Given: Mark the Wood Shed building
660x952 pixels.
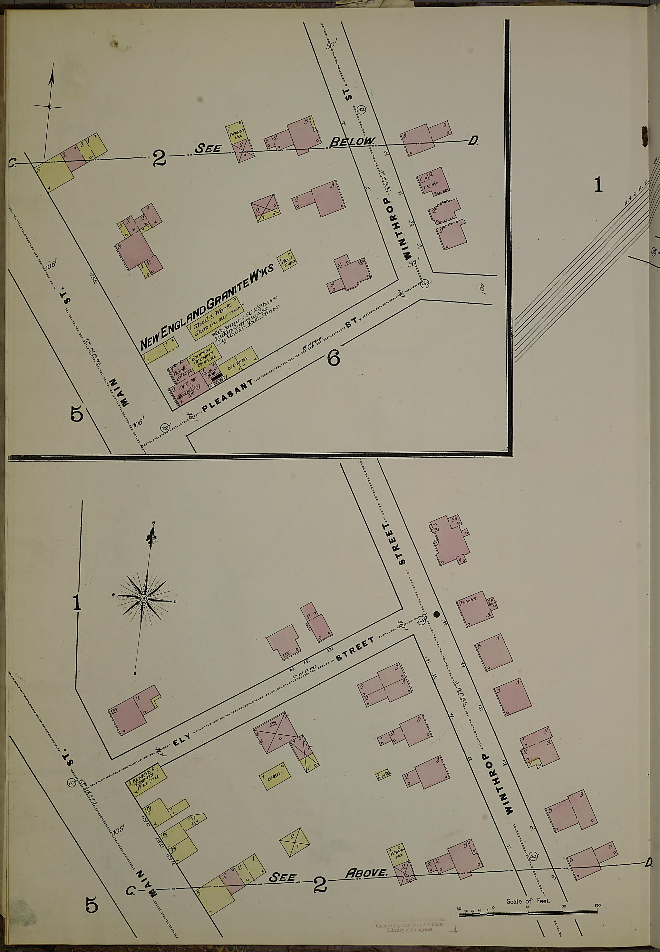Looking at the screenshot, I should point(286,261).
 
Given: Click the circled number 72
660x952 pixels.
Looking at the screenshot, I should point(165,427).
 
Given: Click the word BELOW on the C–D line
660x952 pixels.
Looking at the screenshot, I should point(352,142).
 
